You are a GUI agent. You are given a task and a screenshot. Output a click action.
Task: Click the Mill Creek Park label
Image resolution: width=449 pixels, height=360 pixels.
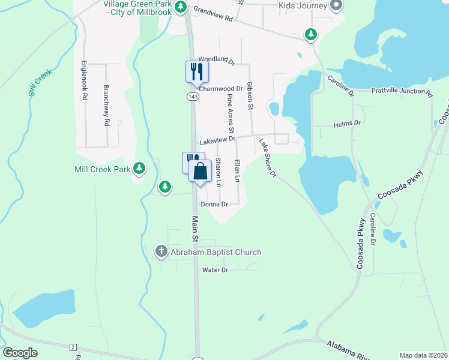pyautogui.click(x=102, y=170)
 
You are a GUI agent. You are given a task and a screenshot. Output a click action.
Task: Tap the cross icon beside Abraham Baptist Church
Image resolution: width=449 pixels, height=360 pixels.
pyautogui.click(x=161, y=252)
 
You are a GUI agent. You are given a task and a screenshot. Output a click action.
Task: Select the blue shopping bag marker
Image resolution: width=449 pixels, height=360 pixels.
pyautogui.click(x=200, y=171)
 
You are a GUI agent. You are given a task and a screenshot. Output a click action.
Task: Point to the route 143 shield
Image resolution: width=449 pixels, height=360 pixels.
pyautogui.click(x=193, y=97)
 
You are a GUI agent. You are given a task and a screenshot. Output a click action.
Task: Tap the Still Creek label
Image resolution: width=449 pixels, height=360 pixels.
pyautogui.click(x=40, y=83)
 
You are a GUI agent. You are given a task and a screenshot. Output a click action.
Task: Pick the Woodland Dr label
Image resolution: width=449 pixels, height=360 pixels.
pyautogui.click(x=216, y=59)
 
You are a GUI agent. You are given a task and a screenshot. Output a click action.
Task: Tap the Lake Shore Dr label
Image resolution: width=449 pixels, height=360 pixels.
pyautogui.click(x=267, y=158)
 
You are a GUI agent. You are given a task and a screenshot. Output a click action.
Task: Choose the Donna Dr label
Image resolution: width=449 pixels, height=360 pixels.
pyautogui.click(x=214, y=205)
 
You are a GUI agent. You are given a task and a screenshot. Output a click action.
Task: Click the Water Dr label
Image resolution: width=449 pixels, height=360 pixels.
pyautogui.click(x=215, y=271)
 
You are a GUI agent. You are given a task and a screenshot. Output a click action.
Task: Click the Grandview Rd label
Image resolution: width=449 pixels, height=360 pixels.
pyautogui.click(x=212, y=14)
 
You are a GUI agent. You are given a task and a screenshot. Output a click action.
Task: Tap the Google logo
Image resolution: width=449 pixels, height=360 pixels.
pyautogui.click(x=20, y=353)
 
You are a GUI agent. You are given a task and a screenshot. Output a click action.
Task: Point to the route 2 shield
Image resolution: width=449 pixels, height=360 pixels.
pyautogui.click(x=73, y=347)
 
